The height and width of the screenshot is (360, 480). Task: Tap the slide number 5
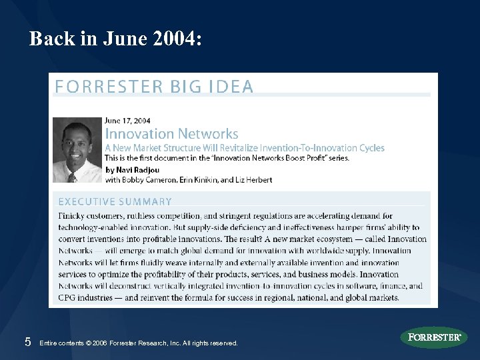pos(27,342)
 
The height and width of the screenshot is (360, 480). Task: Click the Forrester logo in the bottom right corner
pos(434,337)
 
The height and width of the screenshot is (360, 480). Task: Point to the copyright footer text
pos(139,343)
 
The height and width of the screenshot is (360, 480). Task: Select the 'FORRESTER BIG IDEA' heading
pos(154,87)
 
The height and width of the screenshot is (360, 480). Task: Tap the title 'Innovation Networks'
pos(171,134)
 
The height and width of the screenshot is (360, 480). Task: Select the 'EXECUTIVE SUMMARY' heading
pos(115,201)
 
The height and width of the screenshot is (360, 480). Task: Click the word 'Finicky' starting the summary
pos(73,216)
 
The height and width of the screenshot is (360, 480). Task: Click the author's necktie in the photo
pos(72,175)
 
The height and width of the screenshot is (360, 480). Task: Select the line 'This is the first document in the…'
pos(227,158)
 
